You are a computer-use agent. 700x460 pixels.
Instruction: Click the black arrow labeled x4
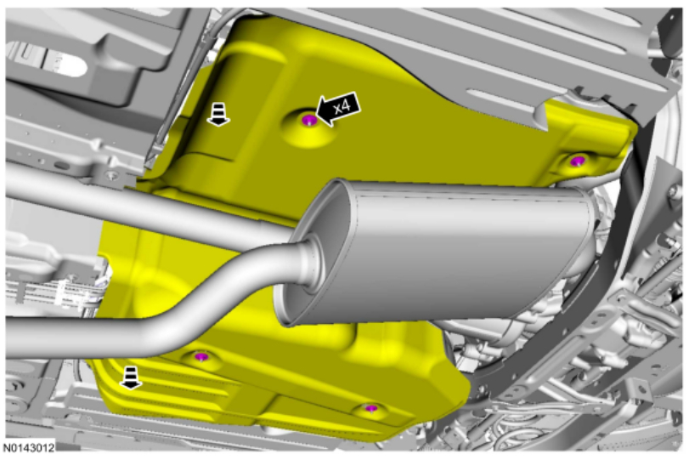coord(338,109)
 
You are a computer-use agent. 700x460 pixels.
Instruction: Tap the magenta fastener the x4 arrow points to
coord(309,120)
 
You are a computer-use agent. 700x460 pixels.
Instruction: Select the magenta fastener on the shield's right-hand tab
coord(578,161)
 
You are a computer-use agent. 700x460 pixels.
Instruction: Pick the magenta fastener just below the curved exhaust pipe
coord(202,356)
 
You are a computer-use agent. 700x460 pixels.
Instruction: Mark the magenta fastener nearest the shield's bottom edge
coord(371,408)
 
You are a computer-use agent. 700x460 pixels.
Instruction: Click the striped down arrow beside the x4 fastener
coord(218,114)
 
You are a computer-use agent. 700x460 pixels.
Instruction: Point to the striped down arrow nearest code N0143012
coord(130,378)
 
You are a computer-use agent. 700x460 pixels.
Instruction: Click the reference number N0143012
coord(29,447)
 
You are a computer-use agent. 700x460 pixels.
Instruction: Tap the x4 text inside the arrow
coord(342,106)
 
